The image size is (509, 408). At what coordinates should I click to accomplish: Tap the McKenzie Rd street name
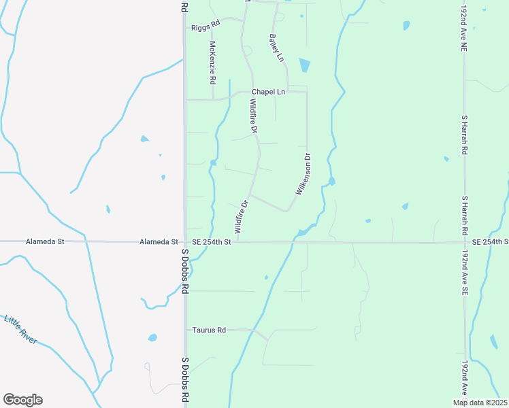213,63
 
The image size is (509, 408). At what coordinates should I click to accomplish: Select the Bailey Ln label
276,48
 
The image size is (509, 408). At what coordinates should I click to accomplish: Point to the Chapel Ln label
268,92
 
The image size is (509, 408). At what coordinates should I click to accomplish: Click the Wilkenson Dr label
303,175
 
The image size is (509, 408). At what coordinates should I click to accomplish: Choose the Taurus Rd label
209,330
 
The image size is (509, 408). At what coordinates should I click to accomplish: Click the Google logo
22,400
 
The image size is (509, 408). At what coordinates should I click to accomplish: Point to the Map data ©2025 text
480,403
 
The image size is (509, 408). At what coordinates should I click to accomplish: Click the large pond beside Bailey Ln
304,65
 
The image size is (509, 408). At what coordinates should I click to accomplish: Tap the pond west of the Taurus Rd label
152,337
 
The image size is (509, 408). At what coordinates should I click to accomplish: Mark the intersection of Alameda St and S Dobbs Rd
184,241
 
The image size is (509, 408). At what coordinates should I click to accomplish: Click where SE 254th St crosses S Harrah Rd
465,242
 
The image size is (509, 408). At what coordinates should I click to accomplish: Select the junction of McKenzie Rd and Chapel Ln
213,100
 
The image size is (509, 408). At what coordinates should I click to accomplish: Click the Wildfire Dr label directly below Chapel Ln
253,116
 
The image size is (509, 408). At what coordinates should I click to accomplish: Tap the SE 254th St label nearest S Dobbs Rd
212,241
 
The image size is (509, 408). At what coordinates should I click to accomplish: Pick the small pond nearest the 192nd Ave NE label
406,25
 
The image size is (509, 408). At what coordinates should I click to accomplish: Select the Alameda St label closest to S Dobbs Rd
159,241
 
